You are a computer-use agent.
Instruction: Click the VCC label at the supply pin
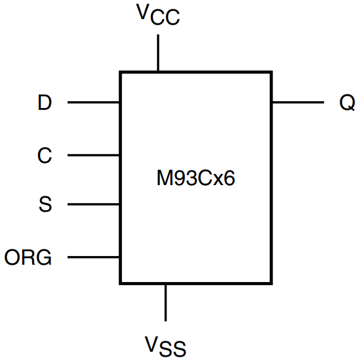(158, 15)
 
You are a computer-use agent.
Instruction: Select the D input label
(44, 102)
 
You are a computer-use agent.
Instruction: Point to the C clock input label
(44, 156)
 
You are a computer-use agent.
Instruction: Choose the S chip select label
(45, 204)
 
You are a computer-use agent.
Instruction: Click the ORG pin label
(28, 257)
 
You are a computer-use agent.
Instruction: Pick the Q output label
(347, 102)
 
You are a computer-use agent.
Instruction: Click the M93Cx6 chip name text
(195, 180)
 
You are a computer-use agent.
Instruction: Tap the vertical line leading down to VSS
(165, 302)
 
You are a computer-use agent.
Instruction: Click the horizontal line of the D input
(93, 102)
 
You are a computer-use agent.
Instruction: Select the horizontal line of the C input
(93, 156)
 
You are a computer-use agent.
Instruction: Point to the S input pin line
(93, 204)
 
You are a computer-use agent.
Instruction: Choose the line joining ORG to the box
(93, 257)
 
